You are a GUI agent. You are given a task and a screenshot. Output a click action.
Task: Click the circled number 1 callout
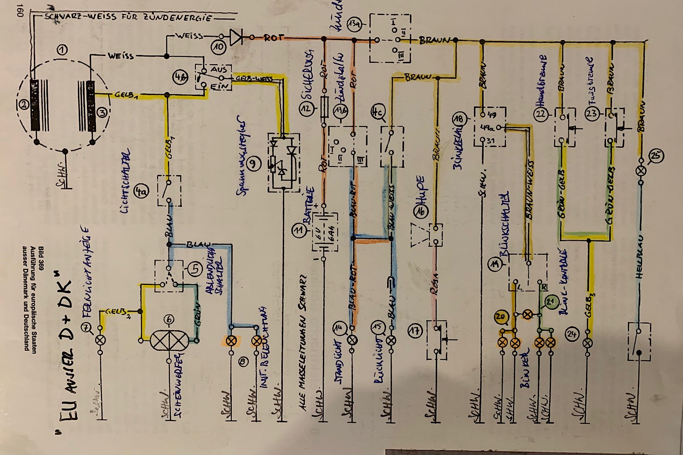tap(62, 50)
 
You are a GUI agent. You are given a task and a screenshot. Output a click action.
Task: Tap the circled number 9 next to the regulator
tap(254, 164)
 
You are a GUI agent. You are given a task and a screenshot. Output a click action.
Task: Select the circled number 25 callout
tap(656, 156)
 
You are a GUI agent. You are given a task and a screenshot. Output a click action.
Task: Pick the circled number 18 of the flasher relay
tap(458, 119)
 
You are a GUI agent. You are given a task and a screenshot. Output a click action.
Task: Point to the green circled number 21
tap(551, 301)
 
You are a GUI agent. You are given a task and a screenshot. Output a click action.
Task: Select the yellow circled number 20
tap(501, 317)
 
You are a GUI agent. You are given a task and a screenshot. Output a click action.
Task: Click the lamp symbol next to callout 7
tap(100, 340)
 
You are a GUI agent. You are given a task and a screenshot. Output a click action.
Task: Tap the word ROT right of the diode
tap(273, 38)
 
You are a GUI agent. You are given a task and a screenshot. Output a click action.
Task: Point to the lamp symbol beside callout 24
tap(588, 342)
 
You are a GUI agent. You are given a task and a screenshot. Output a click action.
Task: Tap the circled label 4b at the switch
tap(179, 77)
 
